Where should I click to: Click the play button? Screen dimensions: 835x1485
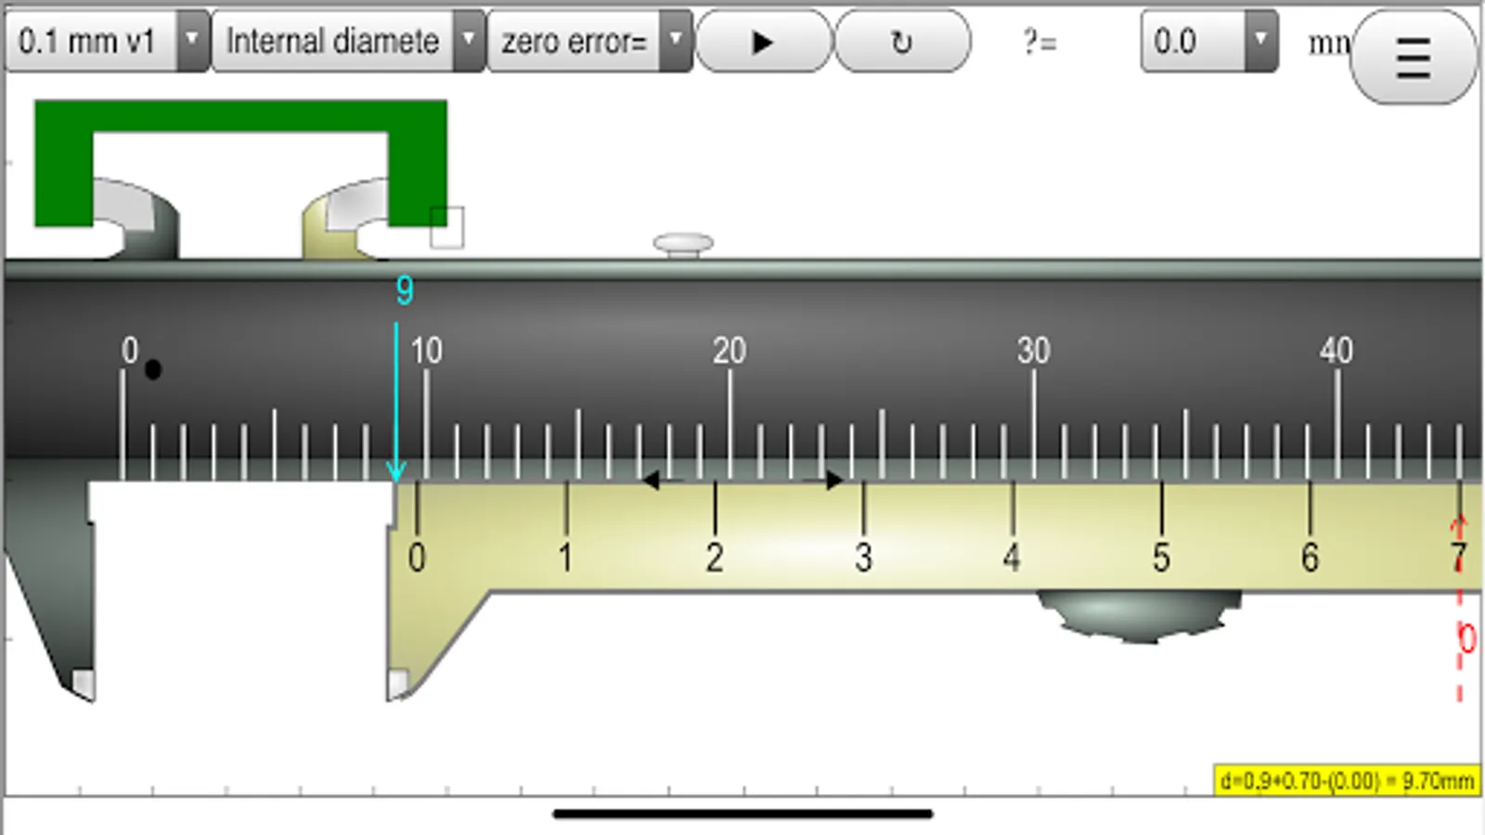pyautogui.click(x=763, y=42)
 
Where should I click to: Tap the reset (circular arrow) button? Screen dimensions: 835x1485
pyautogui.click(x=901, y=42)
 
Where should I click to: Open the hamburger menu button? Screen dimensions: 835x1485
pyautogui.click(x=1413, y=58)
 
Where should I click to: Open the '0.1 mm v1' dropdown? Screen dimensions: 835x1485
pyautogui.click(x=106, y=42)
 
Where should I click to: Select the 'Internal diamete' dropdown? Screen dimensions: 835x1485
pyautogui.click(x=347, y=42)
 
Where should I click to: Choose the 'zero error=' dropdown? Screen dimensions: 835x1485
pyautogui.click(x=588, y=42)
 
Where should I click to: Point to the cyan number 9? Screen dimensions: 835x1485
pyautogui.click(x=405, y=290)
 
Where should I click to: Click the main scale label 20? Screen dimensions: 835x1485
pyautogui.click(x=730, y=351)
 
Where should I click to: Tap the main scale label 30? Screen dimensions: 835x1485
pyautogui.click(x=1033, y=351)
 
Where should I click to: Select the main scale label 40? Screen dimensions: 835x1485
pyautogui.click(x=1336, y=351)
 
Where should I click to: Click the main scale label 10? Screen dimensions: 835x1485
pyautogui.click(x=426, y=351)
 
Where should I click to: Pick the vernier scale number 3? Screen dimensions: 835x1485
pyautogui.click(x=863, y=558)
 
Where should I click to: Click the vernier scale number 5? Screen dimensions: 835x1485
pyautogui.click(x=1161, y=558)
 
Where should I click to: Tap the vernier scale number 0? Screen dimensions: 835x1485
pyautogui.click(x=417, y=558)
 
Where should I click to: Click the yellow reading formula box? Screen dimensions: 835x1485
pyautogui.click(x=1347, y=781)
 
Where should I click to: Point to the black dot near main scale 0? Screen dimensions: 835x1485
pyautogui.click(x=153, y=369)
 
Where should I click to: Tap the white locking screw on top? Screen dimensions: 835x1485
pyautogui.click(x=683, y=244)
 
